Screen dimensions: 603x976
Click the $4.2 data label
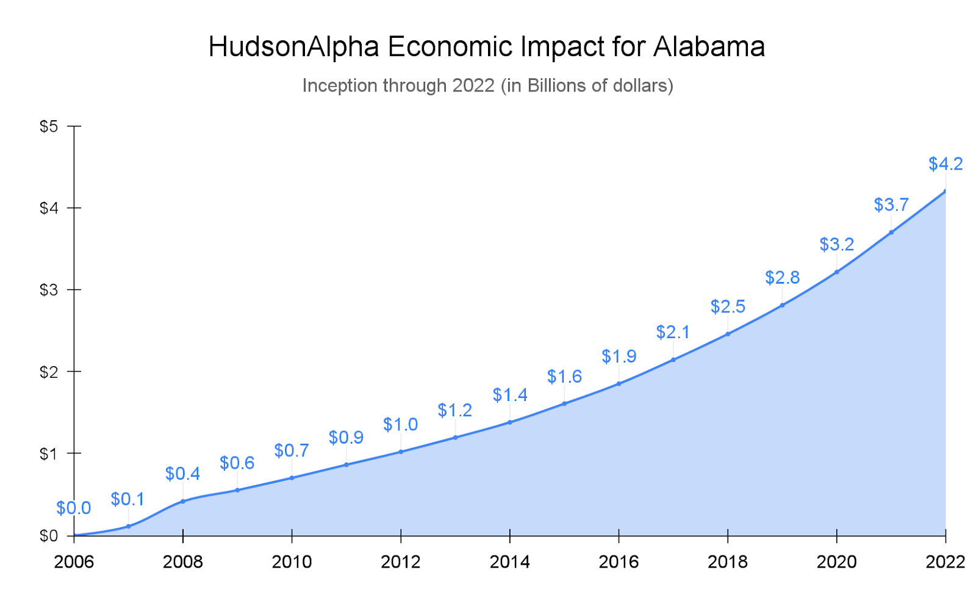945,164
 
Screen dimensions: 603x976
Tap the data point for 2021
891,232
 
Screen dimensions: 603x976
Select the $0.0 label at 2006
73,508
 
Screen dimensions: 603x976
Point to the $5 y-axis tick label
48,126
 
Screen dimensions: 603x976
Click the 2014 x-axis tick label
509,561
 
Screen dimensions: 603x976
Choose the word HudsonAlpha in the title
294,47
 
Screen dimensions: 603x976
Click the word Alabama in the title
709,47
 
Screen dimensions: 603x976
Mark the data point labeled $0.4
182,501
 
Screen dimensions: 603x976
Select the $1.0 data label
400,425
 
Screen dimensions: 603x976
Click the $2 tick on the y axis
48,372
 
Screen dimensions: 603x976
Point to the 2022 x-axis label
945,561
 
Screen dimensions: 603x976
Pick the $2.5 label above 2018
728,306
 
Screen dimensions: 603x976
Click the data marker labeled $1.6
564,403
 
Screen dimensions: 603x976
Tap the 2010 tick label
292,561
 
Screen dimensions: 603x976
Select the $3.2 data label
836,245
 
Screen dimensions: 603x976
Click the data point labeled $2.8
782,305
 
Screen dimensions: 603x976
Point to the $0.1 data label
127,499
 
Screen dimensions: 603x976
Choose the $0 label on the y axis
48,536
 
